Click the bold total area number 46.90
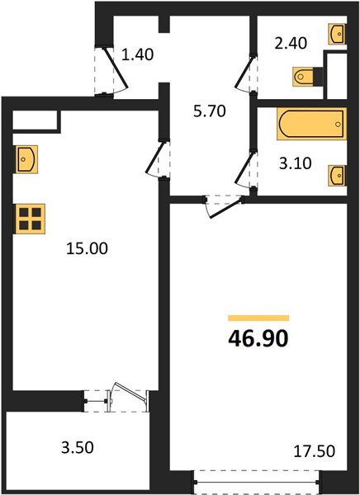tap(258, 339)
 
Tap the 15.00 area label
tap(87, 249)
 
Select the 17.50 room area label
tap(314, 451)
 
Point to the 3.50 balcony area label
tap(78, 447)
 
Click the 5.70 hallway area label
tap(210, 111)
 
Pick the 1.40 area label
tap(138, 54)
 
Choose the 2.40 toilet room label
tap(291, 43)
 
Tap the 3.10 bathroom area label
tap(296, 163)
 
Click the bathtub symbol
tap(311, 124)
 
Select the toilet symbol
tap(307, 77)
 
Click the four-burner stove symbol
tap(30, 219)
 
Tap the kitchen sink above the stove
tap(26, 159)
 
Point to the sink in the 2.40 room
tap(337, 34)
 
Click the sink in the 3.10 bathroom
tap(337, 175)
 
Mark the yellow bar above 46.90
tap(258, 318)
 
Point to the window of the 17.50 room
tap(256, 482)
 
